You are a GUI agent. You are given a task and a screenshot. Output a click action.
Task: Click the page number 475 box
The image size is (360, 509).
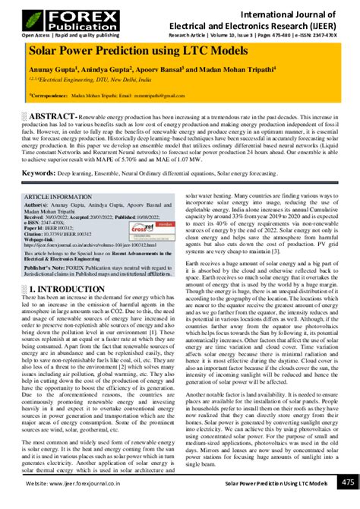pyautogui.click(x=346, y=483)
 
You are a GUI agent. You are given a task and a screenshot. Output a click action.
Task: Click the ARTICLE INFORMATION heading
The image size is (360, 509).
pyautogui.click(x=60, y=196)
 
